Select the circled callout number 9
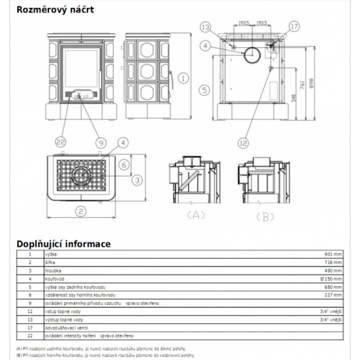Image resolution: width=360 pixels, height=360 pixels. (99, 143)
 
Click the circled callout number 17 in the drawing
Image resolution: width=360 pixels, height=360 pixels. (294, 27)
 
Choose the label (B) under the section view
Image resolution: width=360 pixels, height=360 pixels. (265, 216)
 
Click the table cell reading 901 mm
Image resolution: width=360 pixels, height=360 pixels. (333, 254)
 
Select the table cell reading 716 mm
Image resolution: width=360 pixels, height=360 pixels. (333, 262)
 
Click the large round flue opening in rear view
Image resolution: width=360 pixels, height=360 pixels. (251, 55)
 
